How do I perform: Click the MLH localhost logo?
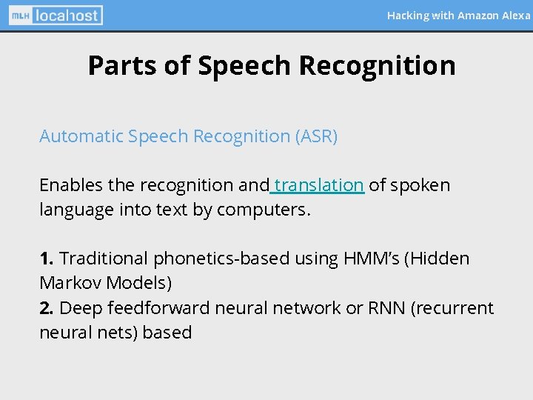(x=56, y=15)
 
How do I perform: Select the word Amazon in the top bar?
(x=478, y=16)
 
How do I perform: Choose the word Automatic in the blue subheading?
(x=81, y=137)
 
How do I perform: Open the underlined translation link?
(x=318, y=185)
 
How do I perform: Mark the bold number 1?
(x=46, y=259)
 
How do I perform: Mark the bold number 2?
(x=46, y=308)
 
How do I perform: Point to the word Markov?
(x=72, y=284)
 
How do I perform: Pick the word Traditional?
(x=104, y=259)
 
